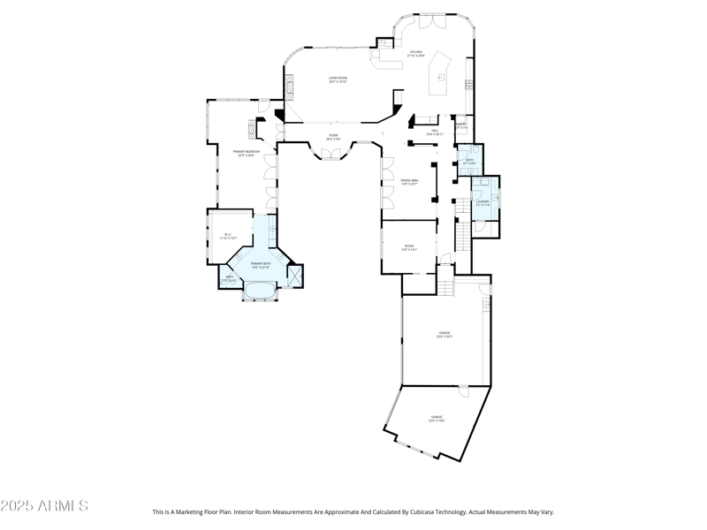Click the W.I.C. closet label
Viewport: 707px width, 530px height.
click(x=227, y=236)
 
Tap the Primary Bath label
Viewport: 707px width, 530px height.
click(x=261, y=265)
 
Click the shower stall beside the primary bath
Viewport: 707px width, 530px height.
click(x=295, y=276)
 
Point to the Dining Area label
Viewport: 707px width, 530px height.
click(x=408, y=182)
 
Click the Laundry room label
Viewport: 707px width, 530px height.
click(x=483, y=202)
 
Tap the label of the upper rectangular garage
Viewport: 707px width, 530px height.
click(x=445, y=335)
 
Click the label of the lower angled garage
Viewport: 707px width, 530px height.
click(x=437, y=418)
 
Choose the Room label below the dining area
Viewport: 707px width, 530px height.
click(x=409, y=247)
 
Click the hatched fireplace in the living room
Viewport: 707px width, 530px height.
click(x=288, y=87)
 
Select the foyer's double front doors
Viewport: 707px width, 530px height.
click(x=331, y=155)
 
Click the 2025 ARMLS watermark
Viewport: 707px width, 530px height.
click(x=44, y=506)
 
